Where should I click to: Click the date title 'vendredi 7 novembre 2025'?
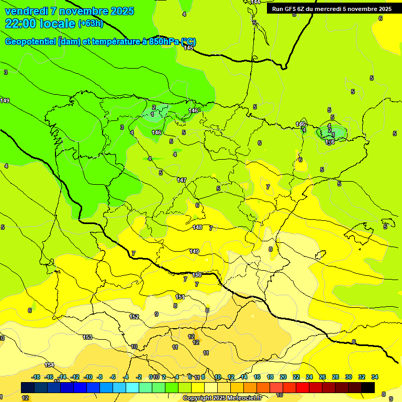coord(69,11)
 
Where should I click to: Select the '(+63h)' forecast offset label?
coord(91,24)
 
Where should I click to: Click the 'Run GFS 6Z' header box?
coord(331,9)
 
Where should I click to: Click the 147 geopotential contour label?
coord(182,180)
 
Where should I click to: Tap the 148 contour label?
coord(197,227)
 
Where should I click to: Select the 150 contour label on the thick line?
coord(197,275)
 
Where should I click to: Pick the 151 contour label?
coord(180,297)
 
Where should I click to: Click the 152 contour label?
coord(134,317)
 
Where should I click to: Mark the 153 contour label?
coord(87,337)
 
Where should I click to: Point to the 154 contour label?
coord(49,365)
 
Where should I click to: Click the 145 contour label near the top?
coord(188,48)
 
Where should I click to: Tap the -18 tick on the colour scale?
coord(36,377)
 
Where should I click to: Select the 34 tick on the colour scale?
coord(375,377)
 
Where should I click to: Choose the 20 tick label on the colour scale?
coord(283,377)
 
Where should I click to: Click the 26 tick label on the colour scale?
coord(322,377)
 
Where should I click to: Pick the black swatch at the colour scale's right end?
coord(368,387)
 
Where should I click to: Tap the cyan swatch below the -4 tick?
coord(132,387)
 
